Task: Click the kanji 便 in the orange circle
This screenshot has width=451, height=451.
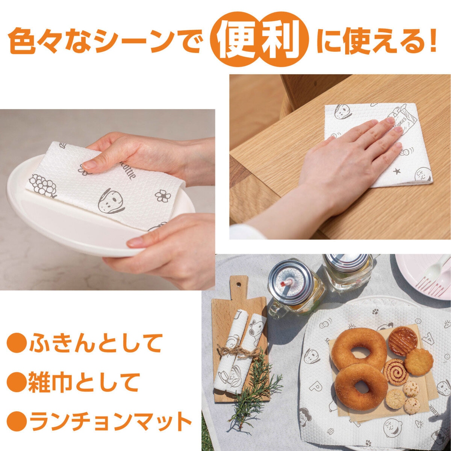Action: point(237,44)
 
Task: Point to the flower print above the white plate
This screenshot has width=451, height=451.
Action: point(162,195)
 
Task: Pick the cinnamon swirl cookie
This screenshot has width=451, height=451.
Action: point(396,372)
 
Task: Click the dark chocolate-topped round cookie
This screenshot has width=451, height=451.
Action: point(403,341)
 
